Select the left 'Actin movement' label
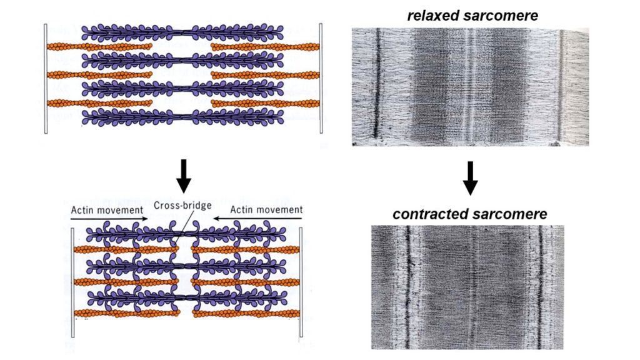point(106,209)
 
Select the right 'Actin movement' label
point(266,209)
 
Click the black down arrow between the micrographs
point(470,178)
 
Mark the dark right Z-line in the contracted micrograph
point(539,287)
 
